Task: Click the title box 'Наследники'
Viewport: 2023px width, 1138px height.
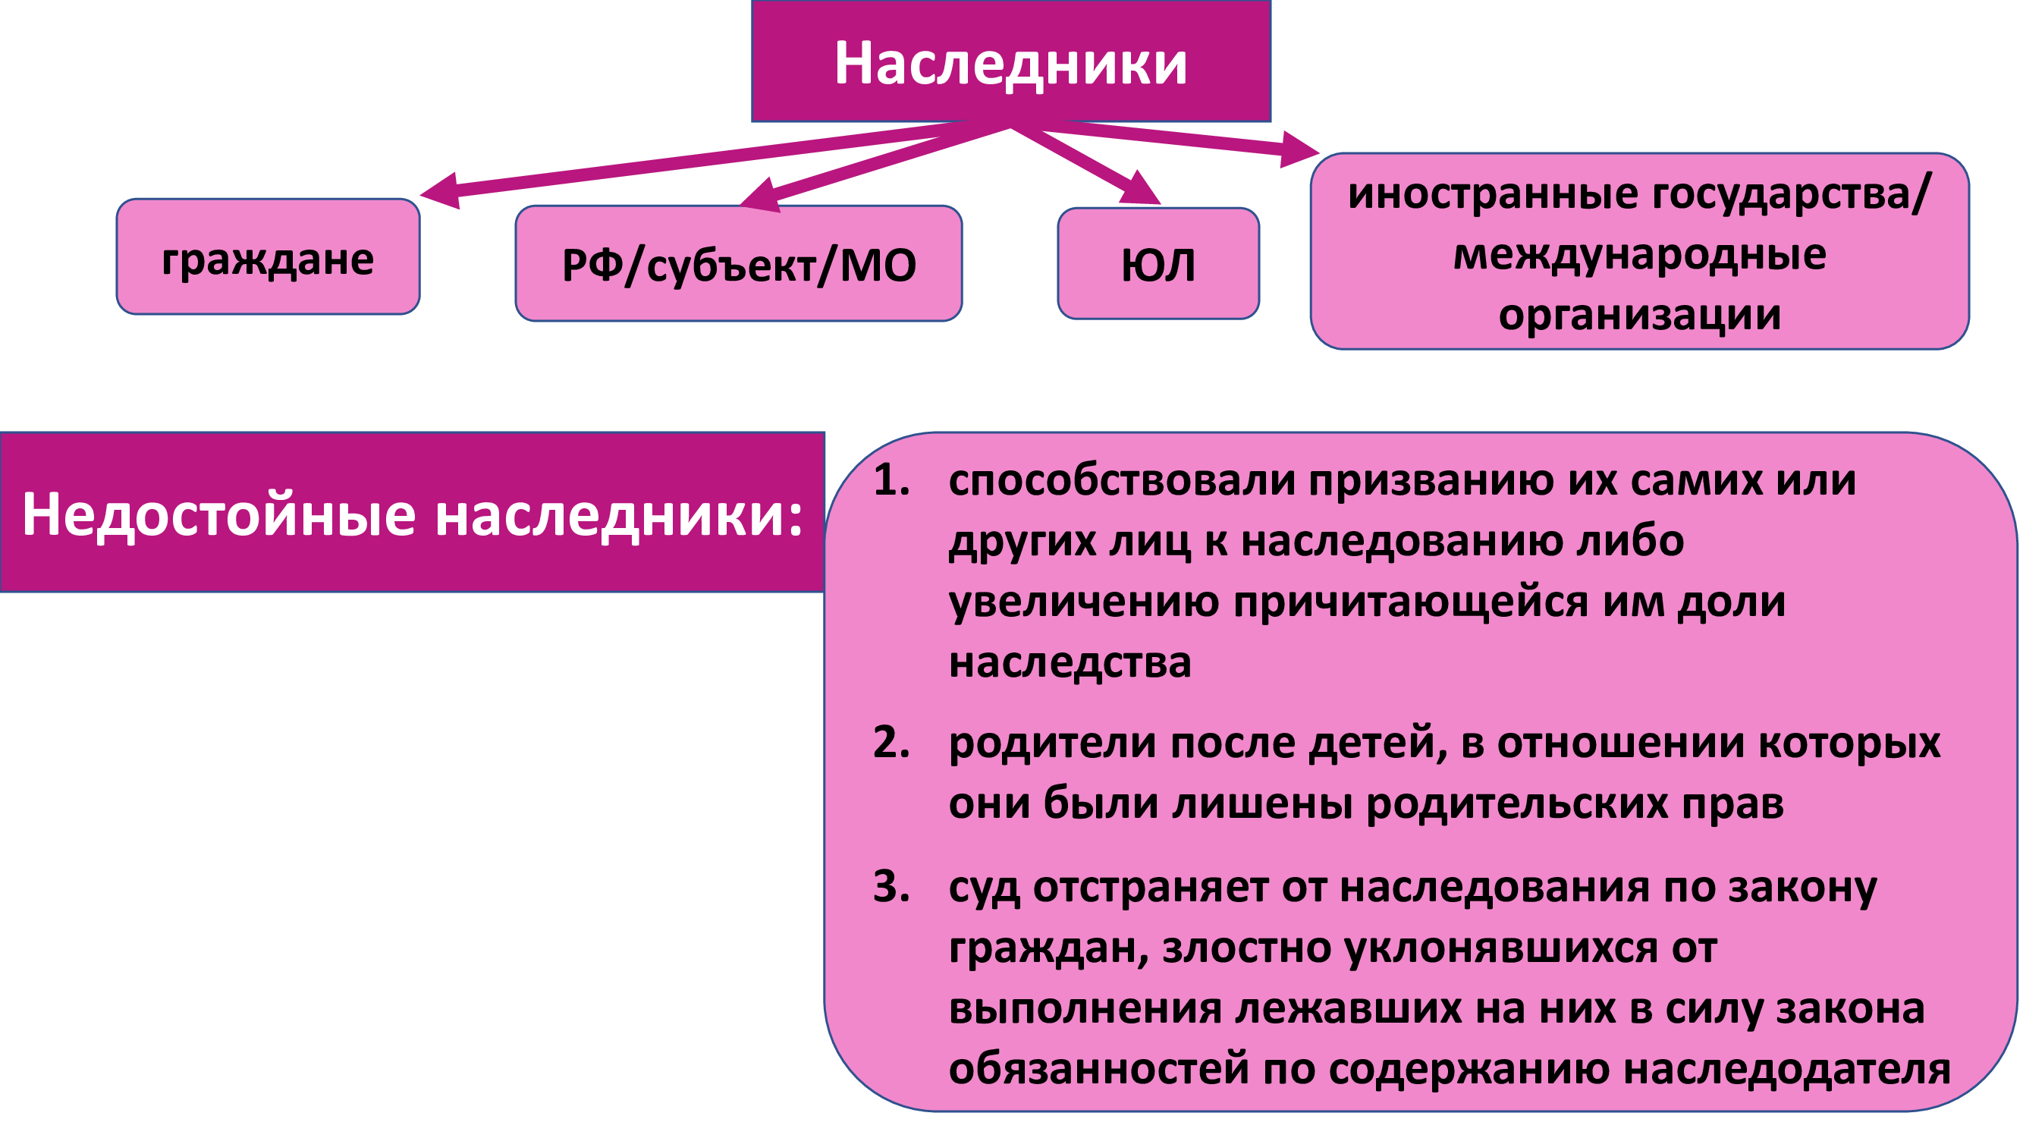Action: [x=1010, y=61]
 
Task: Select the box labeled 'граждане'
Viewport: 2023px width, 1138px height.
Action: [x=268, y=257]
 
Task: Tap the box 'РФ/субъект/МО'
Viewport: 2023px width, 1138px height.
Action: [x=738, y=263]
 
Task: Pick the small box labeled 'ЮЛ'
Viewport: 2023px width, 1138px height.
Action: [x=1158, y=263]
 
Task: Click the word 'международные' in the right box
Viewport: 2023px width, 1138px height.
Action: [x=1640, y=253]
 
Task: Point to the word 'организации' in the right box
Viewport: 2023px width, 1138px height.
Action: [x=1640, y=316]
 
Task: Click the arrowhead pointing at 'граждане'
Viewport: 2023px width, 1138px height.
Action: [x=441, y=191]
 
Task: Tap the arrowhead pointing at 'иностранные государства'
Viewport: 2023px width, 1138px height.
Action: [x=1299, y=149]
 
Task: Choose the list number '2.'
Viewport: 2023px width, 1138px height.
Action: [x=892, y=742]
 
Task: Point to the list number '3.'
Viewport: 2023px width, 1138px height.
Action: [x=892, y=887]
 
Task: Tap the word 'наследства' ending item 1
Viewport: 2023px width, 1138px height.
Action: [x=1070, y=662]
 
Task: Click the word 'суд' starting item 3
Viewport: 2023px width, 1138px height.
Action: [x=985, y=888]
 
